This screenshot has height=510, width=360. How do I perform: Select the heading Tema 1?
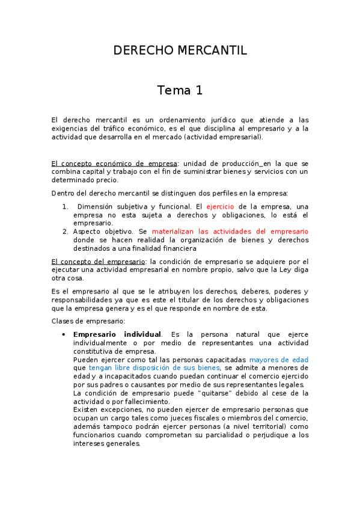tap(180, 91)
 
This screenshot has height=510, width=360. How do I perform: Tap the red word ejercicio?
tap(220, 206)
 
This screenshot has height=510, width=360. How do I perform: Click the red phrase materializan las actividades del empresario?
tap(230, 232)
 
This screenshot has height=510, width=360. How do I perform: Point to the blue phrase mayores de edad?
tap(278, 360)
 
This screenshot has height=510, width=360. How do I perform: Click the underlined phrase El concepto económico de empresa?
tap(114, 164)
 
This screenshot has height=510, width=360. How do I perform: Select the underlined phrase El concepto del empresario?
tap(98, 262)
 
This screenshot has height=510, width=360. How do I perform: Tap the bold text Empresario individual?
tap(117, 334)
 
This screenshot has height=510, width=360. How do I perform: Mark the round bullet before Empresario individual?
tap(64, 334)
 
